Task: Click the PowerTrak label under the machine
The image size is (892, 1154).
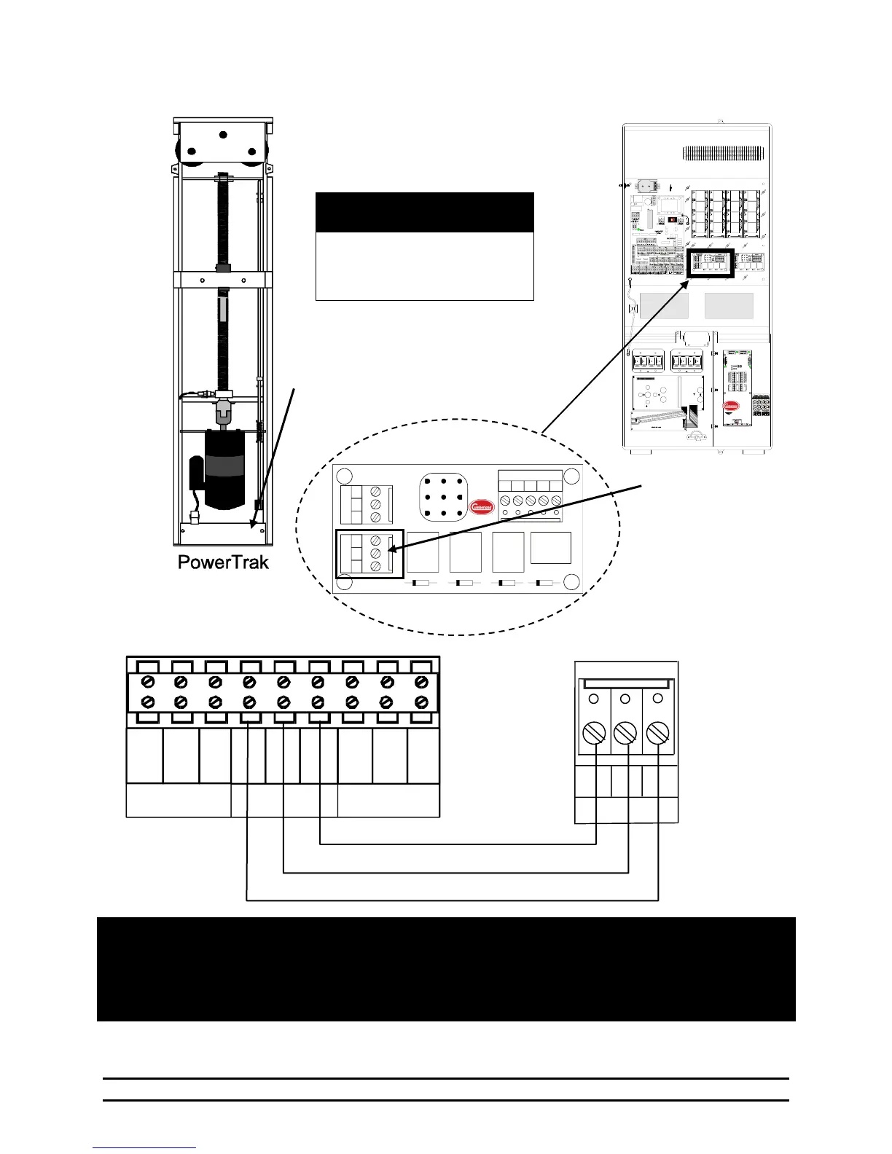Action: click(223, 562)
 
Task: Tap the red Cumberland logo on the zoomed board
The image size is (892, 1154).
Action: click(481, 506)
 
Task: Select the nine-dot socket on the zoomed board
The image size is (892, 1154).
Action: click(443, 499)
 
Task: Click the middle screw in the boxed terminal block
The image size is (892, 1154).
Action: click(375, 554)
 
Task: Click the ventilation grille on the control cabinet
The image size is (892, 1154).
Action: click(723, 154)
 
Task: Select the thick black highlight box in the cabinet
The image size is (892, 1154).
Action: click(709, 263)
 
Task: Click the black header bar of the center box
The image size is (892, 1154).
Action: click(424, 213)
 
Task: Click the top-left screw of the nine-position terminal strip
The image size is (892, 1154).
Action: click(147, 682)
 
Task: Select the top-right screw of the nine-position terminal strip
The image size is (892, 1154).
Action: click(420, 682)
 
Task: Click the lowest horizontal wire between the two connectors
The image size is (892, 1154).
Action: click(452, 900)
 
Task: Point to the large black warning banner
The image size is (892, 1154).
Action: click(446, 969)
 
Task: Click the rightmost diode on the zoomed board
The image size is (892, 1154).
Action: click(544, 584)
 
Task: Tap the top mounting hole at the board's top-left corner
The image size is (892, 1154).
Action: click(345, 478)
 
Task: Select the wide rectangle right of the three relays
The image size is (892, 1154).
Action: click(550, 548)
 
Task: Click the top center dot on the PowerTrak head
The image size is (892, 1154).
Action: click(223, 135)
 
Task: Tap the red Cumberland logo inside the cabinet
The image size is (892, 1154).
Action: click(731, 406)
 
